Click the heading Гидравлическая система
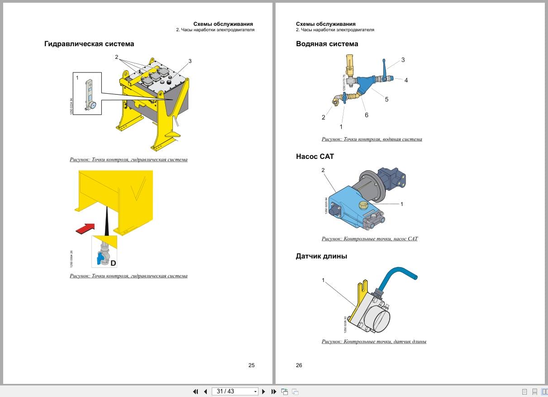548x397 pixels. click(89, 44)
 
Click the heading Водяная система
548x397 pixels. click(327, 44)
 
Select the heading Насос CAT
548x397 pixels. click(315, 157)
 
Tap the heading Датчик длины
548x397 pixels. click(321, 256)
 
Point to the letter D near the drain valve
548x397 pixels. click(113, 263)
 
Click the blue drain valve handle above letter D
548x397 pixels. click(99, 258)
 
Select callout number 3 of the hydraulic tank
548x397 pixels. click(190, 61)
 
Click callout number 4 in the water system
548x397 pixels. click(406, 80)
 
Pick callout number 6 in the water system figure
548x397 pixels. click(366, 115)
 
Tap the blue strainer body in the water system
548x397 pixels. click(365, 85)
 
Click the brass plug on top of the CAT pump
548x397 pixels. click(363, 206)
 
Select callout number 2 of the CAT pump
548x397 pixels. click(323, 170)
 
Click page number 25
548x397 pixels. click(252, 365)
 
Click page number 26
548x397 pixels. click(299, 365)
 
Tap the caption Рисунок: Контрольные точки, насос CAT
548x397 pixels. click(370, 239)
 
